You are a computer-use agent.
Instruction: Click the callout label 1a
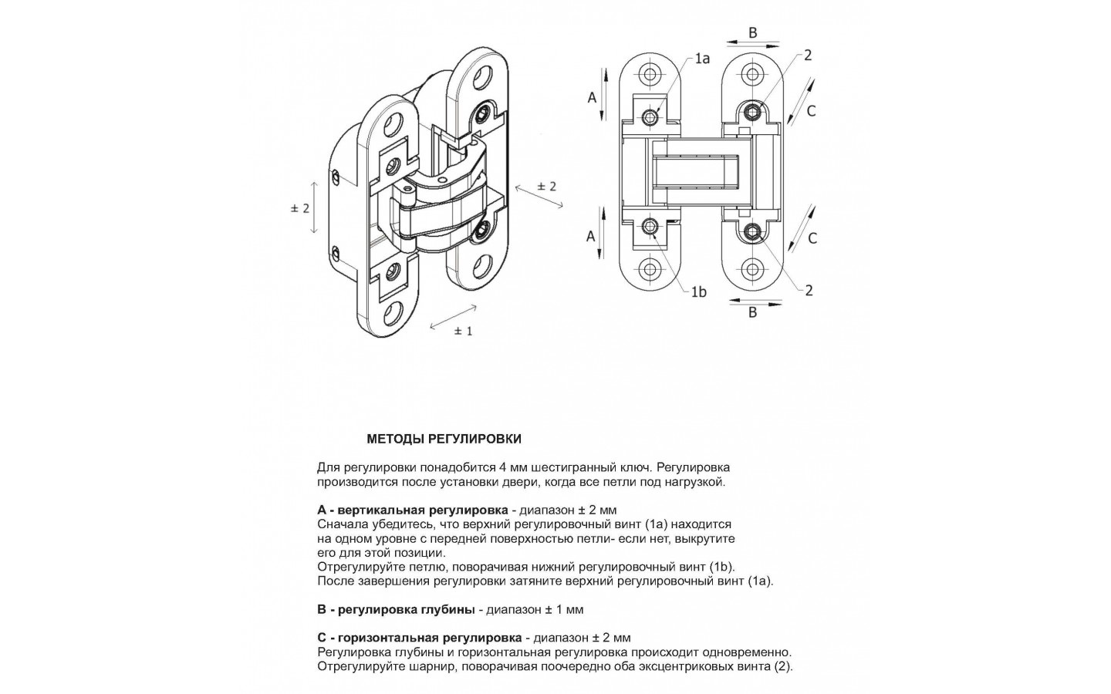point(701,59)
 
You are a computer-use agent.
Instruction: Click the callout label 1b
point(698,291)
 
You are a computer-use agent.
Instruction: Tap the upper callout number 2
point(808,56)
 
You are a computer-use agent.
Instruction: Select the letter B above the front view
point(753,32)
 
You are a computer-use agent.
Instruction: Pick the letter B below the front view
point(753,312)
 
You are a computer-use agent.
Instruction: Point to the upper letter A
point(592,98)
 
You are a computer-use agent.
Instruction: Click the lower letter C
point(812,239)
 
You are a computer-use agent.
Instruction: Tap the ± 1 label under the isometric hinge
point(463,331)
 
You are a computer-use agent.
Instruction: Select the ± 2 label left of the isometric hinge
point(299,208)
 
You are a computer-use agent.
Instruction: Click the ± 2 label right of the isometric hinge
point(547,186)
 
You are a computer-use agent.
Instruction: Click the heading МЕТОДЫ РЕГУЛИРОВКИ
point(444,440)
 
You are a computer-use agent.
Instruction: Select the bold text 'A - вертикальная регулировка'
point(412,510)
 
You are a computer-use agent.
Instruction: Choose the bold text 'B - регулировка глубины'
point(396,609)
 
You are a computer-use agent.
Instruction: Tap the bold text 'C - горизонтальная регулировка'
point(419,638)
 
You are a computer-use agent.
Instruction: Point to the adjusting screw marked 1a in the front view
point(651,117)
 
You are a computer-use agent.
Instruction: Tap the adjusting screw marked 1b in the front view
point(651,227)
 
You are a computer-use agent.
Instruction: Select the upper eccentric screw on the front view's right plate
point(752,113)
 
